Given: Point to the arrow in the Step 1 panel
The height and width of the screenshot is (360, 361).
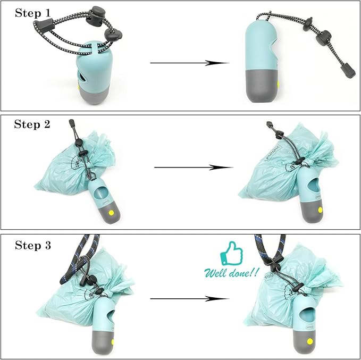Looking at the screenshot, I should coord(189,63).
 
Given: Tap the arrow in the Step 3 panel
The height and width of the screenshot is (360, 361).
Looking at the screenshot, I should coord(189,298).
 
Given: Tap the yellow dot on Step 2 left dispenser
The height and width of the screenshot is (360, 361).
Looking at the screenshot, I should coord(111,212).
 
